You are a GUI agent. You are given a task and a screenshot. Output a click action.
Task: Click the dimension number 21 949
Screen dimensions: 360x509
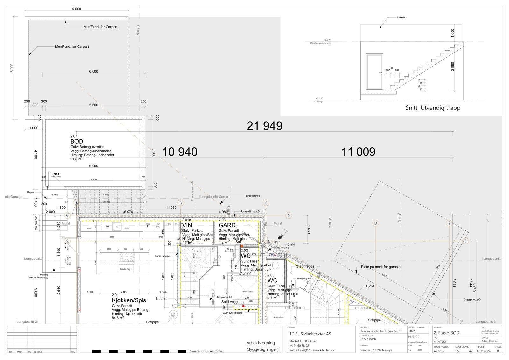coord(264,126)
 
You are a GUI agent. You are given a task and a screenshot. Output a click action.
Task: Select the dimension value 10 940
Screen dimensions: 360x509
coord(180,152)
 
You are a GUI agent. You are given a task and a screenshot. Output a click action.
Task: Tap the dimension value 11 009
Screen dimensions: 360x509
coord(358,152)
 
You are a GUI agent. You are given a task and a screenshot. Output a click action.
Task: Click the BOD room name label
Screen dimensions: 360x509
coord(77,141)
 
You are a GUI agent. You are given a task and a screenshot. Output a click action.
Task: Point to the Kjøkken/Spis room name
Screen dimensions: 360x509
coord(129,300)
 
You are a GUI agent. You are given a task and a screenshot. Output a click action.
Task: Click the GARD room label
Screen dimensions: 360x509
coord(227,225)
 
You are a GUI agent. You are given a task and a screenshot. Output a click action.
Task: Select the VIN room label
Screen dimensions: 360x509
coord(187,225)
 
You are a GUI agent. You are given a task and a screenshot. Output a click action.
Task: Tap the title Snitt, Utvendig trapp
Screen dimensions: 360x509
coord(433,108)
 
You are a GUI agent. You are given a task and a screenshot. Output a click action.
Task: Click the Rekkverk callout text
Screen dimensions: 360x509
coord(402,18)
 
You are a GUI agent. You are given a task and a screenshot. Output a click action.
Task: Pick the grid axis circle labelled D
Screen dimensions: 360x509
coord(375,223)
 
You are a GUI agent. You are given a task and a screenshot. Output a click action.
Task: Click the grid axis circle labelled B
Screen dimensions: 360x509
coord(180,203)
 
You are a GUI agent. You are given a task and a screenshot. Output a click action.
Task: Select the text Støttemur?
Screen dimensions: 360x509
coord(472,300)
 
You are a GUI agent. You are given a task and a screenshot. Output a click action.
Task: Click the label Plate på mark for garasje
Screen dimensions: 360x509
coord(380,267)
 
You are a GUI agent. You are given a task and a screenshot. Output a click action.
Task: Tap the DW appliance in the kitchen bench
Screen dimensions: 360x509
coord(107,226)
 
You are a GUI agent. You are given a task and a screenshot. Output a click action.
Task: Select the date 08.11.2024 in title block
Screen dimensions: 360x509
coord(483,351)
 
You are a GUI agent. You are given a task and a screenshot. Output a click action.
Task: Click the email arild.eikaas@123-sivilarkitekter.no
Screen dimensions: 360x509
coord(311,350)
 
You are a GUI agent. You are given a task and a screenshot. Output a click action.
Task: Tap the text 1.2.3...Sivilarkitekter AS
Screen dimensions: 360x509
coord(310,334)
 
